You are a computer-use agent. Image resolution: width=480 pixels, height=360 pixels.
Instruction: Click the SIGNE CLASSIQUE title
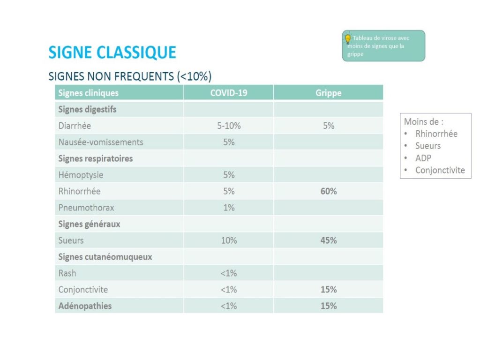coord(112,52)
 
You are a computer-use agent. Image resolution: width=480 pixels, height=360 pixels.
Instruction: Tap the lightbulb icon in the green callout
coord(348,38)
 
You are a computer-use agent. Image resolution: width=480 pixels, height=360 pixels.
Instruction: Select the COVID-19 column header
coord(228,93)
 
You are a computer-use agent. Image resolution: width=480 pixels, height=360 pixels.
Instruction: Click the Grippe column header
coord(328,93)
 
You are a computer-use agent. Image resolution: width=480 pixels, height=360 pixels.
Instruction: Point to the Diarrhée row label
coord(75,126)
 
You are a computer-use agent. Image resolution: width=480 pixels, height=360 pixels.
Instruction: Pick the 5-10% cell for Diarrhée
coord(228,126)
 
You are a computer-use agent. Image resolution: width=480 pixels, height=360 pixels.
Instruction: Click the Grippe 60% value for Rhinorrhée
coord(328,191)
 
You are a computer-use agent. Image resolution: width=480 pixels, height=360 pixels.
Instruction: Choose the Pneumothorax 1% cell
coord(228,208)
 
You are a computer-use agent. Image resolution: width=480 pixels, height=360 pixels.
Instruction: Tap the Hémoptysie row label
coord(81,175)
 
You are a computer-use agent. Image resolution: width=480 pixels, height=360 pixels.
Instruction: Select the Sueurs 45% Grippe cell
coord(328,240)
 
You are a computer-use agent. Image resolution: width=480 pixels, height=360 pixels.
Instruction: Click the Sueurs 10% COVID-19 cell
coord(228,240)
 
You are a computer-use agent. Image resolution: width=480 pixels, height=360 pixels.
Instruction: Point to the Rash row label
coord(67,273)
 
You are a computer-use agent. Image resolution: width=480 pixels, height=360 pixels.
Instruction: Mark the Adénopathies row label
coord(85,306)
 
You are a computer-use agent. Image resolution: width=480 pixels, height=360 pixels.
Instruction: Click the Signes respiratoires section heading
coord(95,158)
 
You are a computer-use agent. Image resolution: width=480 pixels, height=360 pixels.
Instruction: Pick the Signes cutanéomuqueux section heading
coord(105,257)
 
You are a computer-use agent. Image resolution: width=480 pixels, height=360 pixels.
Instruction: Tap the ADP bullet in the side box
coord(423,158)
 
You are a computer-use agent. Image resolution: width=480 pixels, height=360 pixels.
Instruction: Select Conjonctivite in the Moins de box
coord(440,170)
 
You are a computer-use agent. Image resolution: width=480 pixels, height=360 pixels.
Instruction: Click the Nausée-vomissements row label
coord(101,142)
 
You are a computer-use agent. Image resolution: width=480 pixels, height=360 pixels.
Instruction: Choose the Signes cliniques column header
coord(88,93)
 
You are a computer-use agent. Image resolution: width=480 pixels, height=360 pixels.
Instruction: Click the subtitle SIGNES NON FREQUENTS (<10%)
coord(130,76)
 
